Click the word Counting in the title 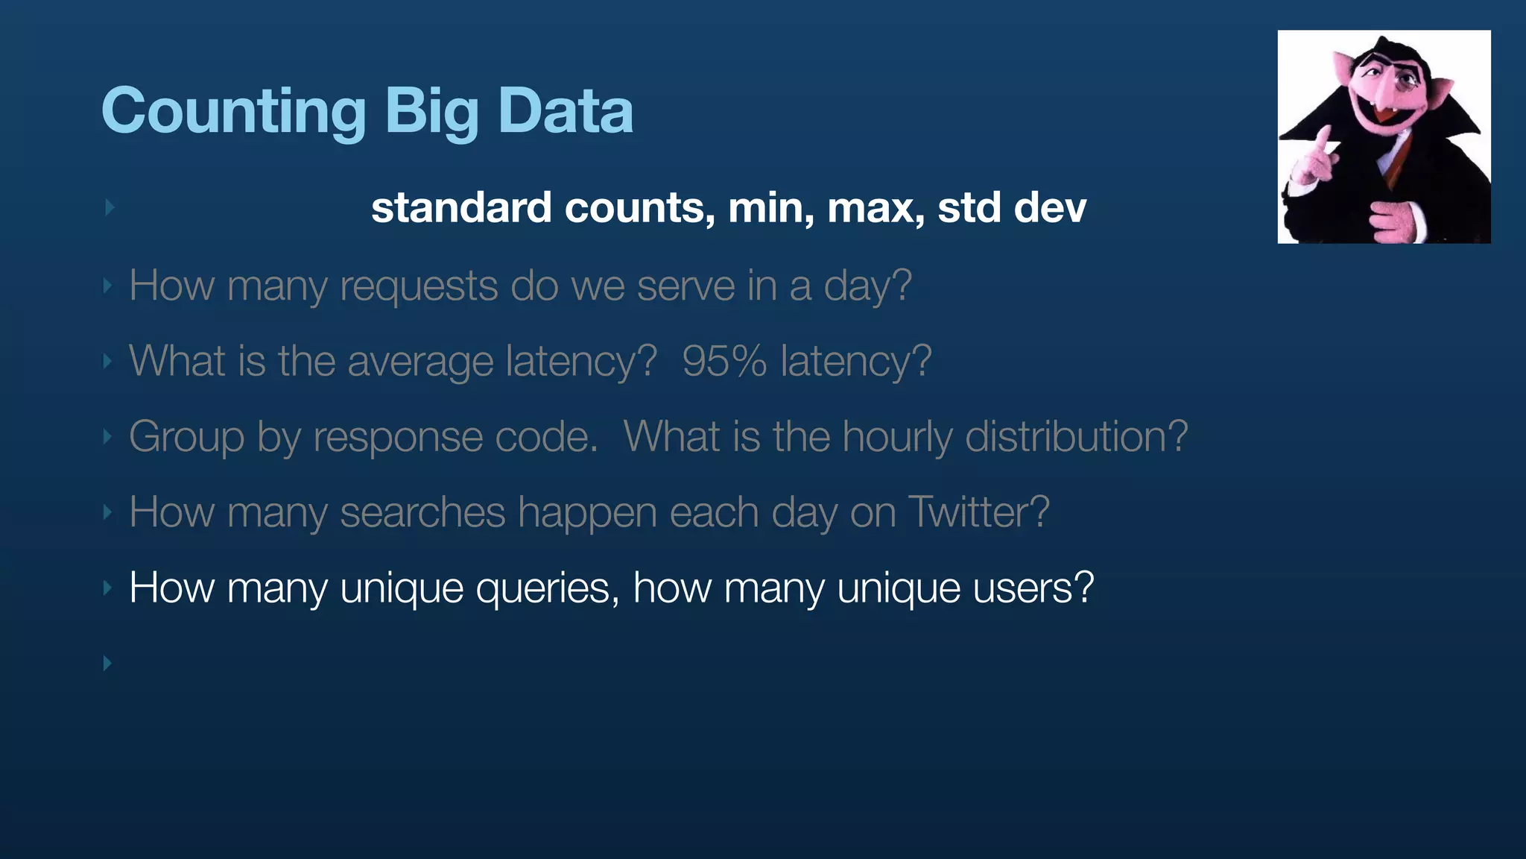233,112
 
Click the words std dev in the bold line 1011,208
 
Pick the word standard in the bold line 461,208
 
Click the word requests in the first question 418,287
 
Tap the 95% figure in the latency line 724,362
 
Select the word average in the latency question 420,362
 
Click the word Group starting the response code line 186,438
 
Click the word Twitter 978,513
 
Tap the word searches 422,513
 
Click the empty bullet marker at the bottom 107,663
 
